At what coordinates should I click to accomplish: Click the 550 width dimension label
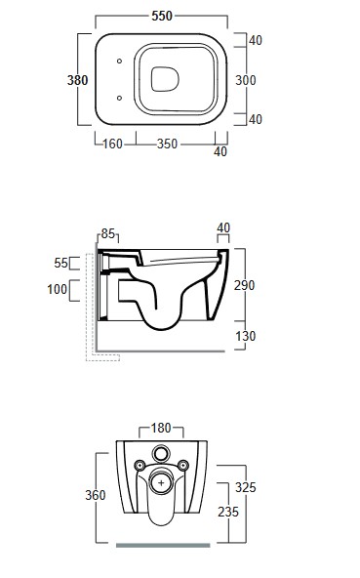click(x=162, y=16)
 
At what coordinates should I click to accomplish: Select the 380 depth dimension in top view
click(x=77, y=80)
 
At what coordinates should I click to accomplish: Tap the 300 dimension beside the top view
click(x=246, y=80)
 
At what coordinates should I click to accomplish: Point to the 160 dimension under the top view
click(x=112, y=144)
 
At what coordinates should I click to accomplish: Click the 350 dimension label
click(x=167, y=144)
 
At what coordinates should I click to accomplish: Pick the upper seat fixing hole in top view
click(x=119, y=61)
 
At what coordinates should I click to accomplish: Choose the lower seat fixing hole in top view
click(x=119, y=98)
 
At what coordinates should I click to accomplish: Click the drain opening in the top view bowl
click(x=165, y=79)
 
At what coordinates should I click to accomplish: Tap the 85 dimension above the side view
click(x=108, y=233)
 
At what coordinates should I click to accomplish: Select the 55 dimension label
click(x=61, y=263)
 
